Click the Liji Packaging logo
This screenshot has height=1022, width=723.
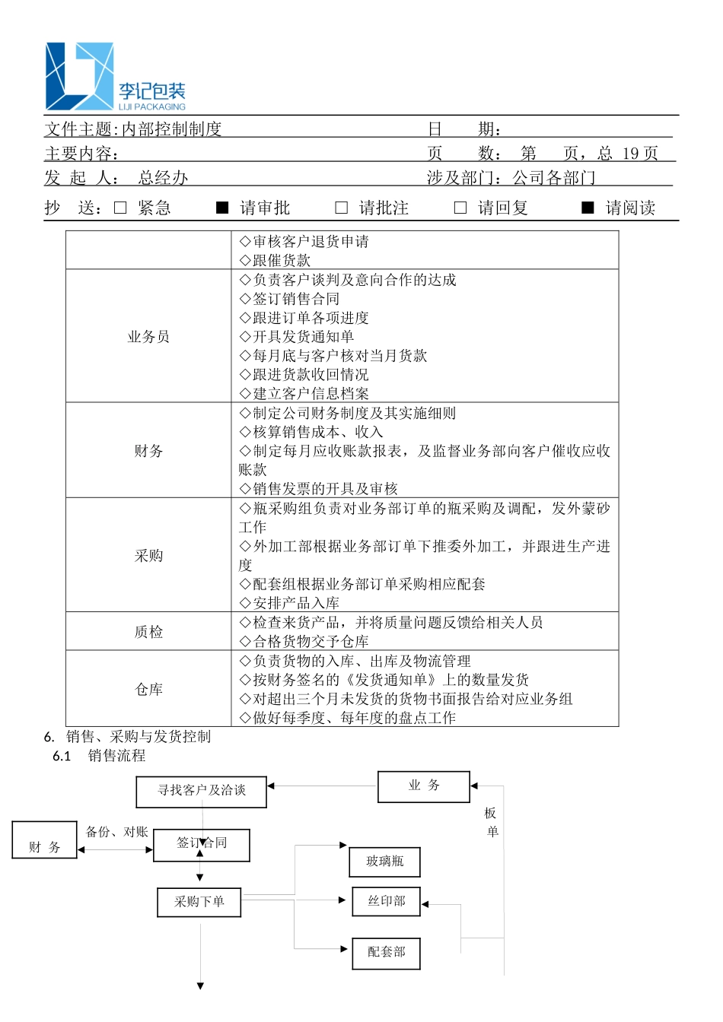point(115,77)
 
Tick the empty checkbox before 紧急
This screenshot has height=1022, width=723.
point(120,208)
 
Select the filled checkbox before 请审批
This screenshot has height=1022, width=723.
point(222,208)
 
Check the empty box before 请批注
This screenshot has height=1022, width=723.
point(342,208)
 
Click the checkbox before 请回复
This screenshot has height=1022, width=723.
point(460,208)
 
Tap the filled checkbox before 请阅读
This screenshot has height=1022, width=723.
point(588,208)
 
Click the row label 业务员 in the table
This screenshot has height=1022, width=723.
point(148,337)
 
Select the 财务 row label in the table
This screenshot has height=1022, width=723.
point(148,451)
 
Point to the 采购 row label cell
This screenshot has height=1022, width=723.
point(148,556)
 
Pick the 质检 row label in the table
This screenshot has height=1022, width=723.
point(148,632)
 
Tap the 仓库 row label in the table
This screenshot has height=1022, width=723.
point(148,690)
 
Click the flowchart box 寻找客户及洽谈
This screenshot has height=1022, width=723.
point(202,791)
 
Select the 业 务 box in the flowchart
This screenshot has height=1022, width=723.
point(424,786)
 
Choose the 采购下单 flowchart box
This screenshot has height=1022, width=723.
point(199,902)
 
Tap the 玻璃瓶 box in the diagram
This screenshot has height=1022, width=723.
point(385,862)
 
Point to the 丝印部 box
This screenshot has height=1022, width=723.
point(387,901)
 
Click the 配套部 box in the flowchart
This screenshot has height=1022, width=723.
point(386,952)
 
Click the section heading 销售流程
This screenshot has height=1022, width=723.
point(116,756)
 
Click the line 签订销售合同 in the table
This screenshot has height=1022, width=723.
point(296,299)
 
